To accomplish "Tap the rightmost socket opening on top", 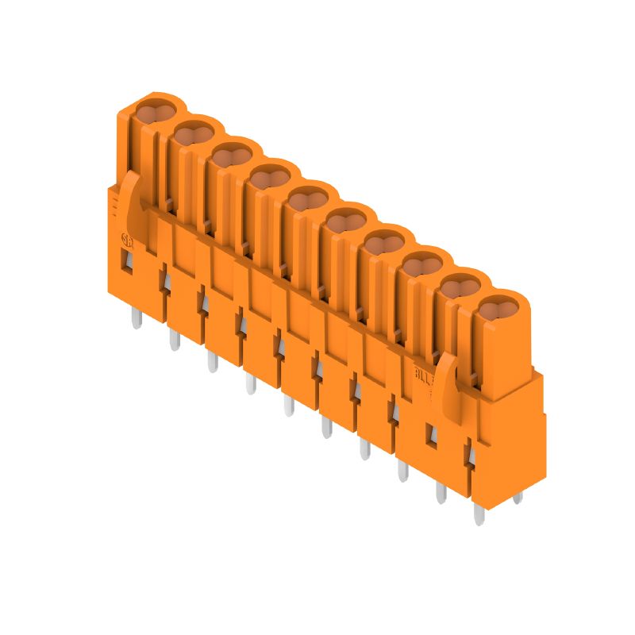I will pyautogui.click(x=498, y=308).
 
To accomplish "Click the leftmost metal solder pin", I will pyautogui.click(x=136, y=318).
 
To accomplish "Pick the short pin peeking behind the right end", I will pyautogui.click(x=518, y=498).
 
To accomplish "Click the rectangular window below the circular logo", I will pyautogui.click(x=125, y=263).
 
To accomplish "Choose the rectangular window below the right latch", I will pyautogui.click(x=433, y=433).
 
